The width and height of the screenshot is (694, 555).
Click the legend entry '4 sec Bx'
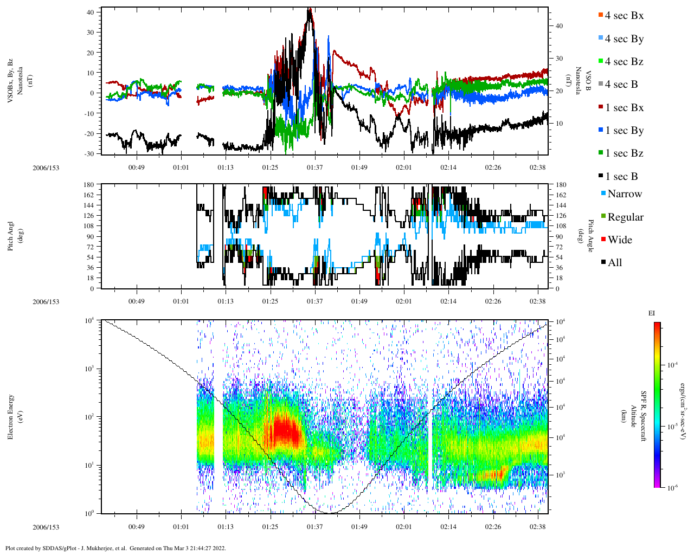(624, 16)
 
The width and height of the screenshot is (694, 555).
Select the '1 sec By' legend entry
(624, 131)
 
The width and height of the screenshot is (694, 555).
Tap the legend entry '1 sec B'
(621, 177)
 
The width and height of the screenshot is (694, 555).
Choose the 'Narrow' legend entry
(624, 194)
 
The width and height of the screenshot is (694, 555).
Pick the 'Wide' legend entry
(619, 240)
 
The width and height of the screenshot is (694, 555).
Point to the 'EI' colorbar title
(652, 313)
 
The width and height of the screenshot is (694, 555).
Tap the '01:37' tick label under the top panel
(314, 167)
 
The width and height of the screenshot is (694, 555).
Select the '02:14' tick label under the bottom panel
(448, 527)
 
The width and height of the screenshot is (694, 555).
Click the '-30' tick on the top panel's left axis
(89, 154)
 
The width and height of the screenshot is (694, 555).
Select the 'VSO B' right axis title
(583, 81)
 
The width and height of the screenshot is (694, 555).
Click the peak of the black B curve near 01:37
(309, 9)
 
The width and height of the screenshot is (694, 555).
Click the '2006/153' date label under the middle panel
(46, 302)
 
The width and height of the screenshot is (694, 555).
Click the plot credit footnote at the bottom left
(115, 548)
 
